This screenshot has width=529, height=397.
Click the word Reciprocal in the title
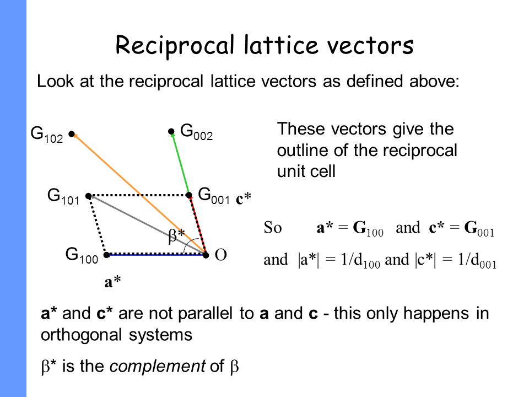[x=165, y=46]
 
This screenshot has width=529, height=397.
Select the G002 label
[x=196, y=131]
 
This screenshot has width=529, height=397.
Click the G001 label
[x=213, y=195]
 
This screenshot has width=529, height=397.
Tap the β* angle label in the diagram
[x=176, y=236]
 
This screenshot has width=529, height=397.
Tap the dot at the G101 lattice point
[x=88, y=196]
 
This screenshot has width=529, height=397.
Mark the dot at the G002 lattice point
[x=171, y=132]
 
